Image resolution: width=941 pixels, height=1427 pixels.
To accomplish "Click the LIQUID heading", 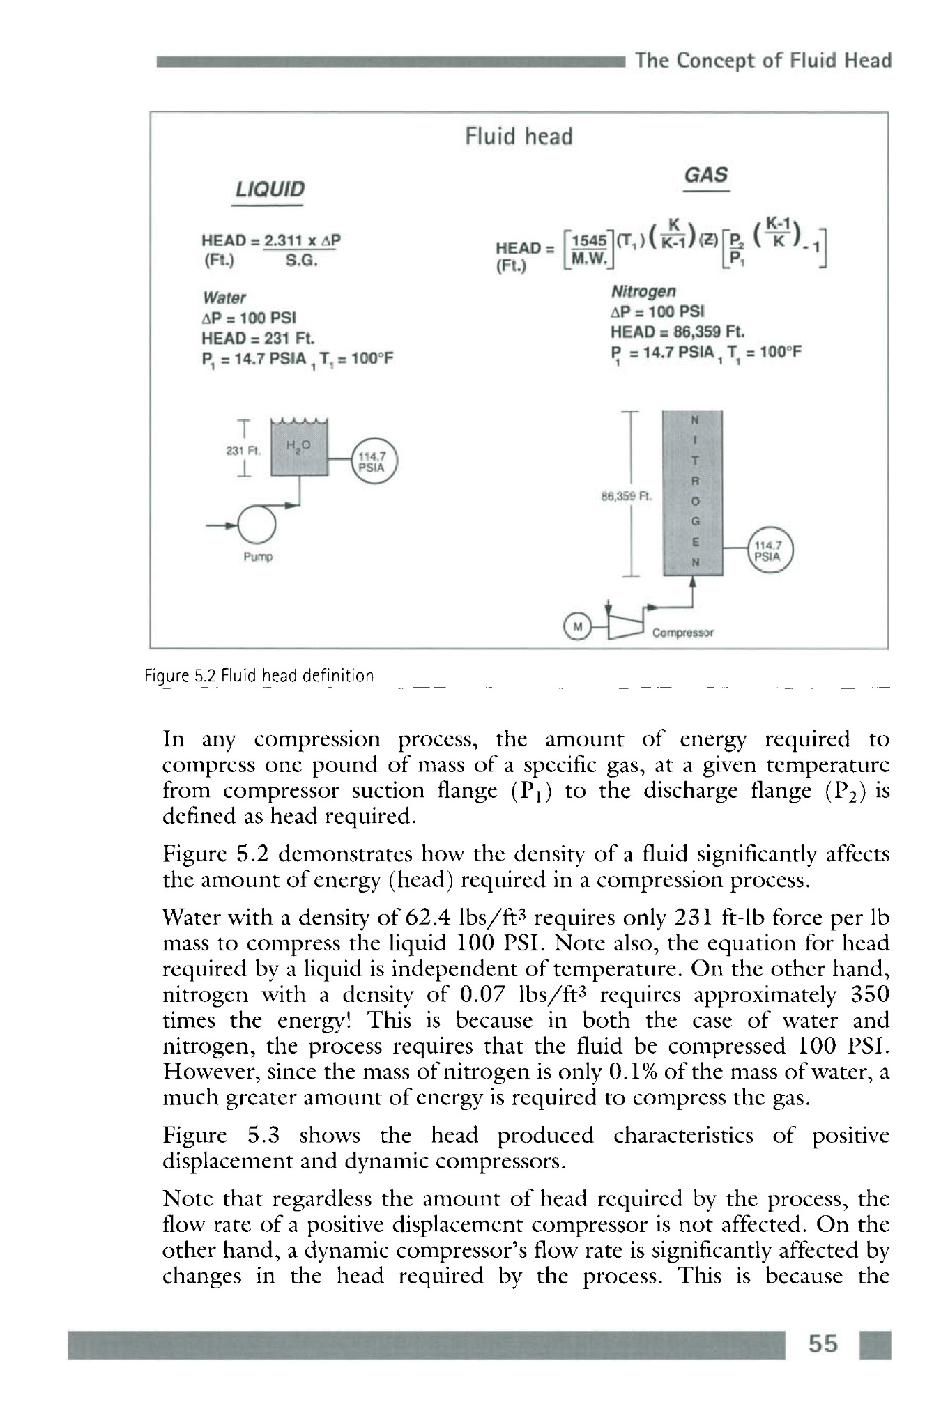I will pyautogui.click(x=270, y=189).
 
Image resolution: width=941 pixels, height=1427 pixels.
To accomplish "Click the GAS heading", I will pyautogui.click(x=706, y=174).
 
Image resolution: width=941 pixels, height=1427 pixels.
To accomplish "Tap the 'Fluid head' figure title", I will pyautogui.click(x=519, y=137).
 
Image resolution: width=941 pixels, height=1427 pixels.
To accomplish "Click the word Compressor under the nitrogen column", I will pyautogui.click(x=682, y=633).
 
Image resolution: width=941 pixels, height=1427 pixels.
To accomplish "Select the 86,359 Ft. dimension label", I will pyautogui.click(x=625, y=497).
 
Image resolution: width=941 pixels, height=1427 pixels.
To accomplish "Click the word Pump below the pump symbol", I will pyautogui.click(x=258, y=557).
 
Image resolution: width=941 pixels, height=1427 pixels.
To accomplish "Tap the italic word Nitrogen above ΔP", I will pyautogui.click(x=643, y=291).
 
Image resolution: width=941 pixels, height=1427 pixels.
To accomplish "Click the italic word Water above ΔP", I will pyautogui.click(x=224, y=298).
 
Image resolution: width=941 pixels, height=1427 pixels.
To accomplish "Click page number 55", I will pyautogui.click(x=823, y=1343).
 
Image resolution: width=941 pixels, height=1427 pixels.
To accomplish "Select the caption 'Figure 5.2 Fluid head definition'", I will pyautogui.click(x=259, y=675).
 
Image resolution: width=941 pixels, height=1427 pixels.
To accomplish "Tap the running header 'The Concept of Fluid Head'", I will pyautogui.click(x=763, y=61).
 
